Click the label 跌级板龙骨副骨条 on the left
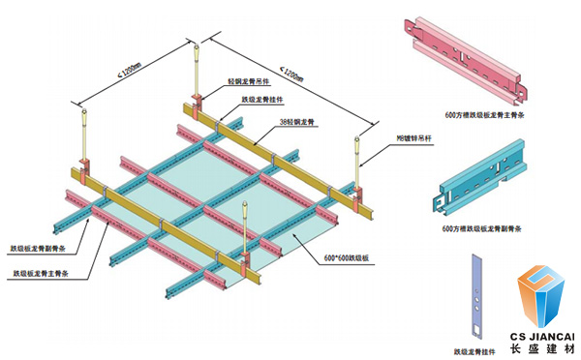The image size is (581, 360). (38, 248)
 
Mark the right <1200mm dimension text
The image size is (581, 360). (296, 71)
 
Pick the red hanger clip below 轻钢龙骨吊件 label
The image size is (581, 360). (197, 105)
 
